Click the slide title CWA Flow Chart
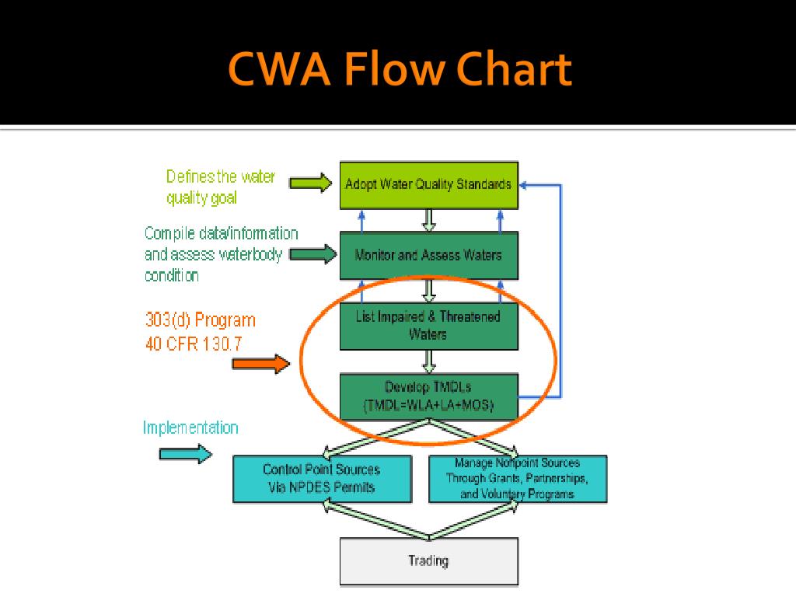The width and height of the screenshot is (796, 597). tap(400, 69)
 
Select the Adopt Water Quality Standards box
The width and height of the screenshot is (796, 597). tap(429, 185)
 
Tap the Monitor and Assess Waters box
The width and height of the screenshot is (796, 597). tap(429, 255)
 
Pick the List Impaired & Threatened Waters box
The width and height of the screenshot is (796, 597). tap(429, 326)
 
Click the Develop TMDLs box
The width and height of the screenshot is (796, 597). tap(429, 396)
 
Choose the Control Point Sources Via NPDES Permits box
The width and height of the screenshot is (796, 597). tap(322, 479)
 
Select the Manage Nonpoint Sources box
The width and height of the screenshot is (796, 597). tap(518, 479)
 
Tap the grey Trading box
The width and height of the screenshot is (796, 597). tap(429, 561)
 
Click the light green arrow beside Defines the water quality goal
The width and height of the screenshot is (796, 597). tap(310, 183)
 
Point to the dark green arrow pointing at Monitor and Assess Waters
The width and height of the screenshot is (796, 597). tap(312, 254)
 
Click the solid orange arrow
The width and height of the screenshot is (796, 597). tap(261, 364)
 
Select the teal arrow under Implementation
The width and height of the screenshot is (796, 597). tap(186, 454)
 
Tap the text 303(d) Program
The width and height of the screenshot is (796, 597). tap(201, 320)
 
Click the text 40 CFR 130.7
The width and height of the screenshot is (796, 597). tap(194, 344)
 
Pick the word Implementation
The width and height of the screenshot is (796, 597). tap(190, 428)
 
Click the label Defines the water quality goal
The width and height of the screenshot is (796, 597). tap(220, 187)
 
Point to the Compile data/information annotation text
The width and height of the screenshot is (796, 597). tap(221, 254)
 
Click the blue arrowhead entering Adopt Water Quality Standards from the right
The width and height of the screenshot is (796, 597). tap(523, 185)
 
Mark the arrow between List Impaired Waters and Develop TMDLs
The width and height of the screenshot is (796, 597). tap(429, 361)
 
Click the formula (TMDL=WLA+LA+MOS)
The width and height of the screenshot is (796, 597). tap(429, 406)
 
